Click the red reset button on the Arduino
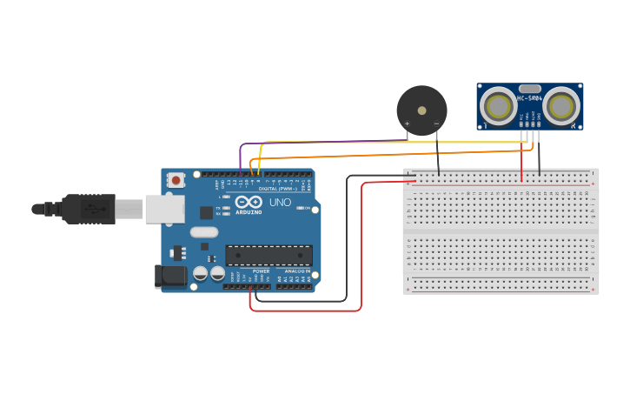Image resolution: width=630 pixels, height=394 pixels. (176, 180)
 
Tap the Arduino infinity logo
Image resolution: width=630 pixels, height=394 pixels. (248, 202)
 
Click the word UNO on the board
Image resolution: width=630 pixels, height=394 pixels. (280, 202)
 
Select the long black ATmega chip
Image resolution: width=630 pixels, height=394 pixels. (269, 255)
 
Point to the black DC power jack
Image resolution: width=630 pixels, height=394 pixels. (170, 277)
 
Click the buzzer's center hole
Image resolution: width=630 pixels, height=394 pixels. (422, 110)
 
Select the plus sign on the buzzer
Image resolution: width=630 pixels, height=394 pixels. (407, 124)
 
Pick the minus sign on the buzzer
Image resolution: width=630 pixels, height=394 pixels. (436, 124)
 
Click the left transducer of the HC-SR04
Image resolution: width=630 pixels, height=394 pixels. (498, 107)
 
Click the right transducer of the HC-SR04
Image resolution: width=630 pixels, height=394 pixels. (562, 107)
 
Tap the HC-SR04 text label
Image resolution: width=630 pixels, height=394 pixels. (530, 98)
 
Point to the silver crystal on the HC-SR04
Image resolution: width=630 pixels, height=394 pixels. (530, 88)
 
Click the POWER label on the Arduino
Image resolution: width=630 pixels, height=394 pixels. (261, 270)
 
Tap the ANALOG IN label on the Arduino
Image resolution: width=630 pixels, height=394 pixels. (298, 270)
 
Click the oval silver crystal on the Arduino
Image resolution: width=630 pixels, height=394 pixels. (204, 232)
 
